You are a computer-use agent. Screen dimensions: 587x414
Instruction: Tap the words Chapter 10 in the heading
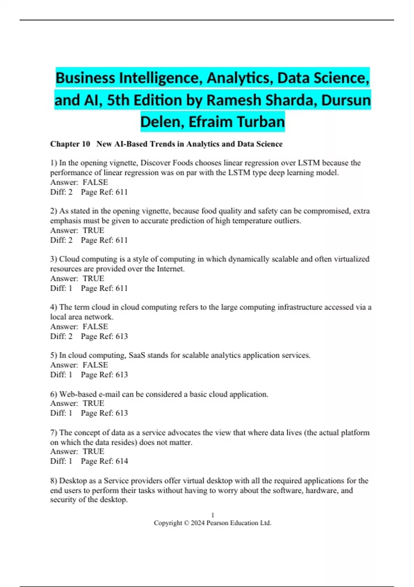tap(70, 144)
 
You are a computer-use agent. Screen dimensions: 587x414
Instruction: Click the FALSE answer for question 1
tap(95, 182)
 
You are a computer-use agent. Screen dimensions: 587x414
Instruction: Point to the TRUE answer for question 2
tap(93, 230)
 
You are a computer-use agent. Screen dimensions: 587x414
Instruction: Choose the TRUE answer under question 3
tap(93, 278)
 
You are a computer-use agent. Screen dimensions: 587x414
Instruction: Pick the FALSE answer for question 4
tap(95, 326)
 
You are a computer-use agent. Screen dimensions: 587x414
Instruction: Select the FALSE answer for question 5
tap(95, 365)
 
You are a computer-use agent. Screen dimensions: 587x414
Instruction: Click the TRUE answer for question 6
tap(93, 403)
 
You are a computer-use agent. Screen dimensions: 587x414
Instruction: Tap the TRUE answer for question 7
tap(93, 451)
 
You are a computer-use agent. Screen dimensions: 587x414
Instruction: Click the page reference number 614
tap(122, 461)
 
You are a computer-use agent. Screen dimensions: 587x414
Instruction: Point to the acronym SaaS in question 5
tap(137, 355)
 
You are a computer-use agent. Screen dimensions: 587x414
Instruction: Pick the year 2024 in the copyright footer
tap(198, 523)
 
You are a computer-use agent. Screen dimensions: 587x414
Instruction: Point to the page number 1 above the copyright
tap(213, 515)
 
